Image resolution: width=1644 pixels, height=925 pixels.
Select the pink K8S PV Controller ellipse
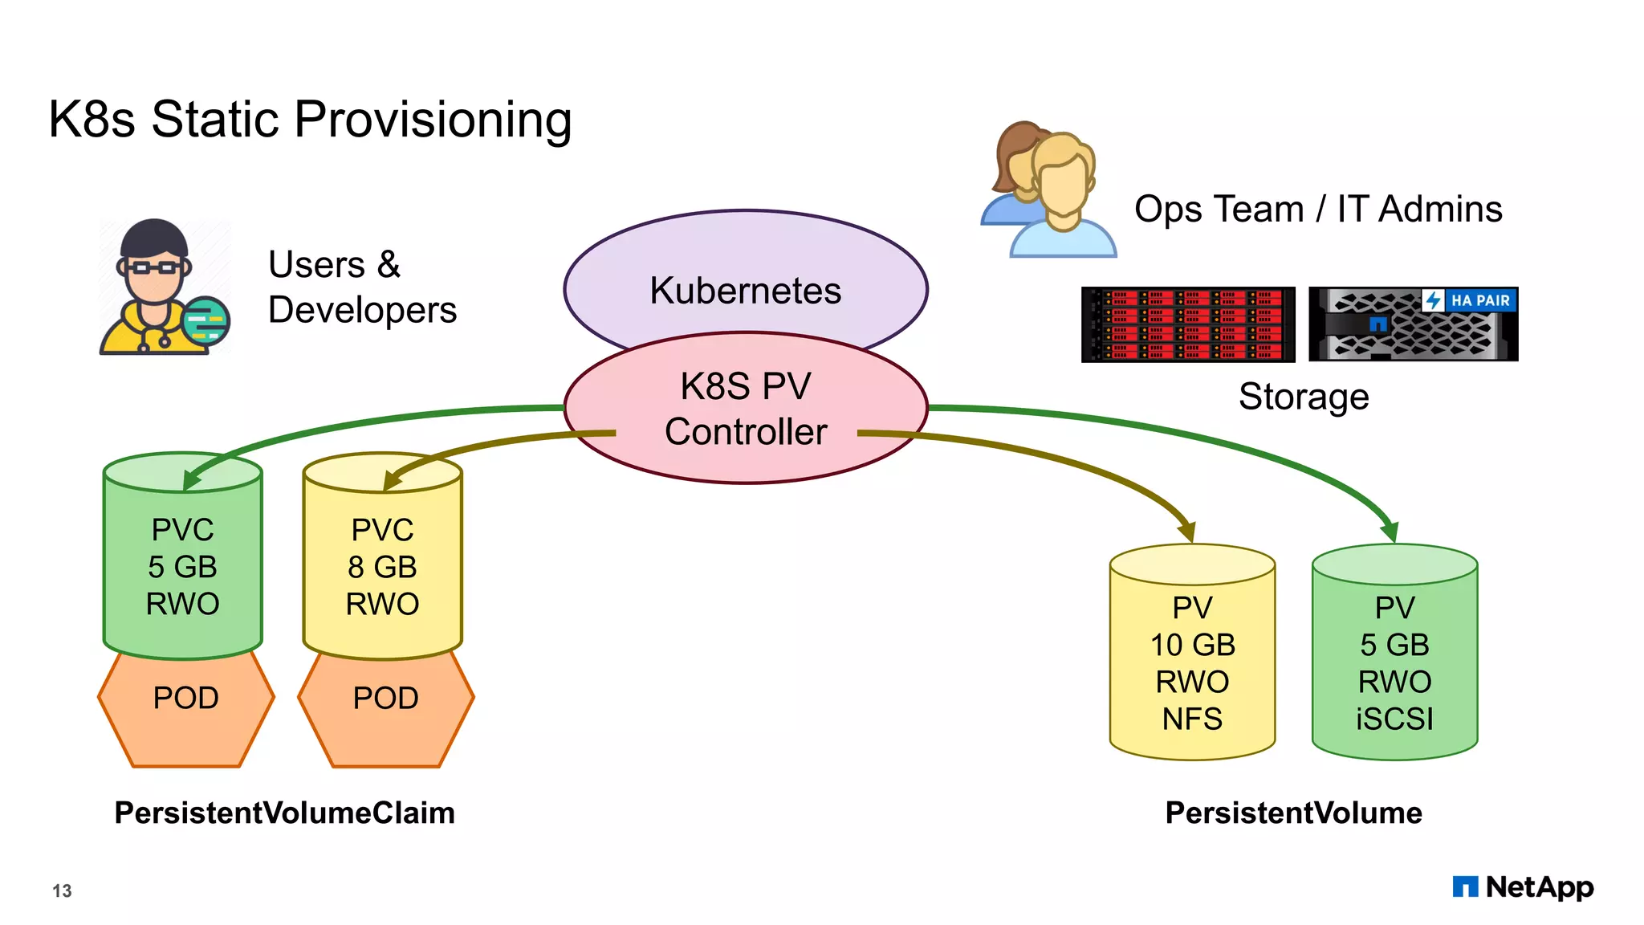[x=745, y=410]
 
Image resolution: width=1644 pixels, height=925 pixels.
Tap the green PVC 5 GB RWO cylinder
[x=183, y=566]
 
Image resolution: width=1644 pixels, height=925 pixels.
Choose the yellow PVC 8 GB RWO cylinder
[x=382, y=566]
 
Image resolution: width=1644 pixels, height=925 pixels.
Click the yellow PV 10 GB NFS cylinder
[x=1192, y=662]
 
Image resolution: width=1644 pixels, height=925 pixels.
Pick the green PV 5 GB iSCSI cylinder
[x=1394, y=662]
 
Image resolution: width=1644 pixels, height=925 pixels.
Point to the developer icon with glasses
[x=161, y=289]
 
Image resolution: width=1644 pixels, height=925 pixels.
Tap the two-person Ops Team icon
[x=1048, y=193]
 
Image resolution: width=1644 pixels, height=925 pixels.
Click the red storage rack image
[x=1187, y=324]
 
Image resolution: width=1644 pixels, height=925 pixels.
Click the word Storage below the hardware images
[x=1303, y=397]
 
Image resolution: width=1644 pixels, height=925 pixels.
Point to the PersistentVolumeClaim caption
[x=284, y=813]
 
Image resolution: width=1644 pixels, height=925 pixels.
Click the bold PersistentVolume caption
[x=1293, y=813]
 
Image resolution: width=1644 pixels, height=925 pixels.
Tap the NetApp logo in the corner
[x=1523, y=887]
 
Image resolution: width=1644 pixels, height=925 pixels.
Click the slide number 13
[x=62, y=890]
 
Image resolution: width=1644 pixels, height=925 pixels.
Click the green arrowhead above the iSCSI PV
[x=1390, y=532]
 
